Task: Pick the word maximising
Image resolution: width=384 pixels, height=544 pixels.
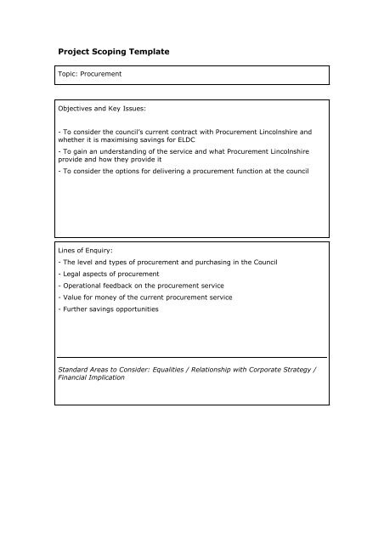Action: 114,141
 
